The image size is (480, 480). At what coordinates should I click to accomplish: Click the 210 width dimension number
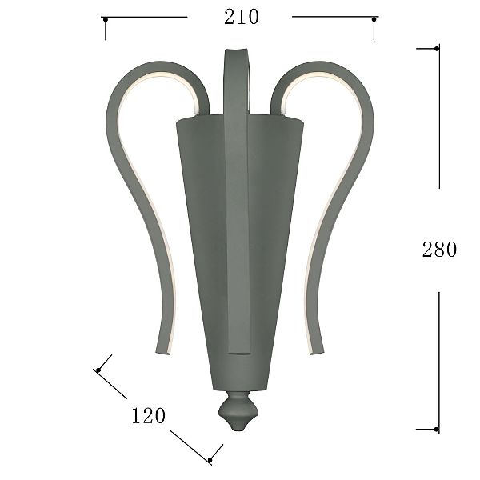(x=242, y=17)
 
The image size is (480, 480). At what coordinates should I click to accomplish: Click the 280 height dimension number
(x=439, y=250)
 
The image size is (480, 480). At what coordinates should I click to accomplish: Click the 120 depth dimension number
(x=149, y=416)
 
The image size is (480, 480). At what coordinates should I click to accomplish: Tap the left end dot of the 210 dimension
(x=106, y=20)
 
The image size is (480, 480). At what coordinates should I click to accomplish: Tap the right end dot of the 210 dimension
(x=374, y=19)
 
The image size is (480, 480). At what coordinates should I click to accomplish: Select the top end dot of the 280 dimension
(x=437, y=48)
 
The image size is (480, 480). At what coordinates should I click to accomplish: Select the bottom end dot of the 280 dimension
(x=437, y=430)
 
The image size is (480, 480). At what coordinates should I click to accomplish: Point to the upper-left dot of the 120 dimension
(x=98, y=370)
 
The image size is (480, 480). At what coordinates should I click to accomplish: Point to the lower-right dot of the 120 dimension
(x=210, y=460)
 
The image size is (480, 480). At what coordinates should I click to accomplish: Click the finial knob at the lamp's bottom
(x=238, y=411)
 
